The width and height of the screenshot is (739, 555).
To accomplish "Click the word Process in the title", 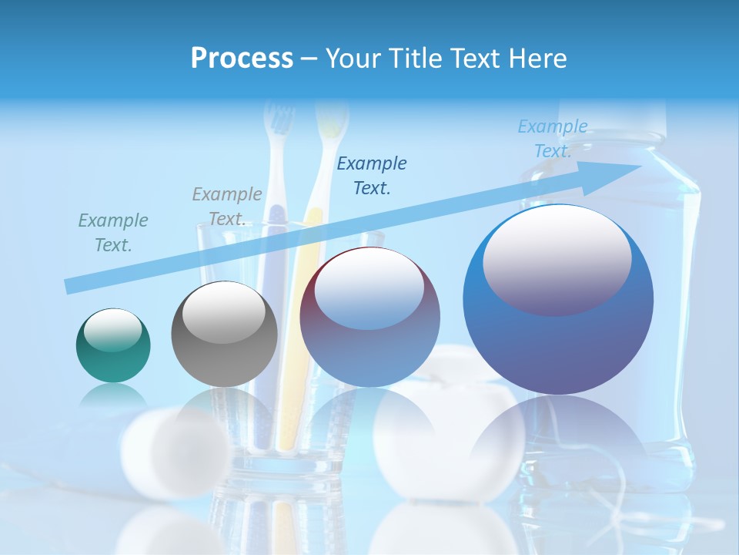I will [242, 59].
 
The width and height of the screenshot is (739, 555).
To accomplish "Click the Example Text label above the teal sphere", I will [112, 233].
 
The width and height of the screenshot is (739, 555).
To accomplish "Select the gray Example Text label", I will [226, 207].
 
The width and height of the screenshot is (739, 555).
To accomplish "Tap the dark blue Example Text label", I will [372, 175].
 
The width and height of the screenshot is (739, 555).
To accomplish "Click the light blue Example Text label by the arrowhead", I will [553, 139].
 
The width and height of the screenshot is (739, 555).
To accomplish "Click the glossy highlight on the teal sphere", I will [112, 330].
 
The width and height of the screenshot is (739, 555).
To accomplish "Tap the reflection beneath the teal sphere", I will [113, 398].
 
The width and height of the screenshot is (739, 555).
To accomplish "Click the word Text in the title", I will [477, 59].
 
